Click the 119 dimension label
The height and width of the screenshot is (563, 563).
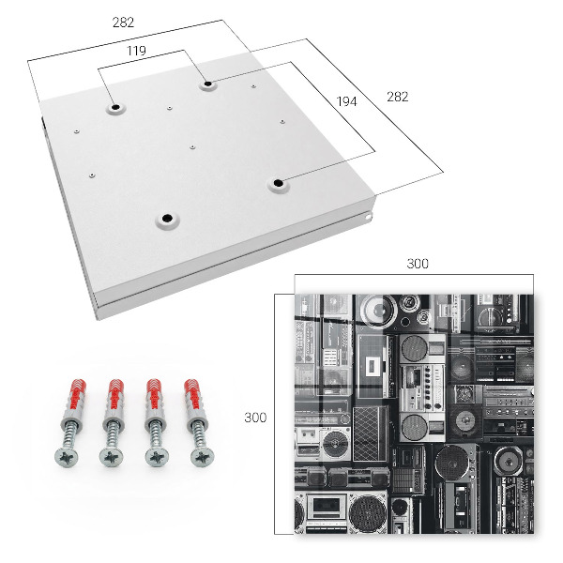pos(136,51)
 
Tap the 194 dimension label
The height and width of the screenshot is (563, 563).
pos(347,101)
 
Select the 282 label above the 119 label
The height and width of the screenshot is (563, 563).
pos(123,23)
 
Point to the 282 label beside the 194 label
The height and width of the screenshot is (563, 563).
pos(398,97)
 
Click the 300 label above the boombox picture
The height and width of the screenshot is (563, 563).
pos(418,264)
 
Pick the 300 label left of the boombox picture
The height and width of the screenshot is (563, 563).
pos(255,418)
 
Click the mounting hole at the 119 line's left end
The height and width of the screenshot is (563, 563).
pos(115,107)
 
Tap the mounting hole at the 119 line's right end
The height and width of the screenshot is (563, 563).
pos(208,84)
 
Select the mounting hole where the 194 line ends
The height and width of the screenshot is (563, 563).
pos(278,184)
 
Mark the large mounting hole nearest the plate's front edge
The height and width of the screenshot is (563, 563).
pos(167,219)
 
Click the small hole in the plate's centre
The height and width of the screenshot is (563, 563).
pos(192,147)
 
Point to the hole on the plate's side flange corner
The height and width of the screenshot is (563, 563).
pos(369,217)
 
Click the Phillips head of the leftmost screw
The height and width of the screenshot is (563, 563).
pos(67,457)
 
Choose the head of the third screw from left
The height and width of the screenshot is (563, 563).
pos(157,457)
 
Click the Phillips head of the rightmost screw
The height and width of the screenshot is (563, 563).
pos(203,457)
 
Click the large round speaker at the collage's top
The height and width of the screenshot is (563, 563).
pos(377,310)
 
